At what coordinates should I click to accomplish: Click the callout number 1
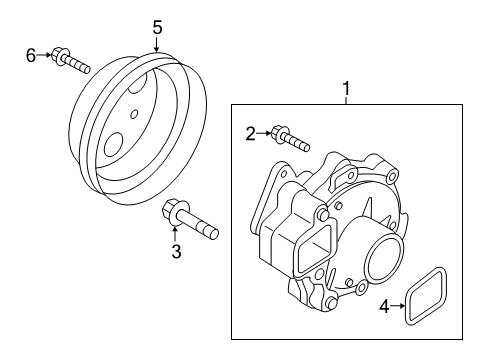coord(347,90)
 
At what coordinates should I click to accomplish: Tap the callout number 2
coord(252,131)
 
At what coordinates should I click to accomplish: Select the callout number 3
coord(176,252)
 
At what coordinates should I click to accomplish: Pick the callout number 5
coord(157,26)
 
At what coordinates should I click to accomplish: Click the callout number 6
coord(30,56)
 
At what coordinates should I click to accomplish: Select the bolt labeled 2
coord(289,137)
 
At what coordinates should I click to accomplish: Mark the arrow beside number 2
coord(266,131)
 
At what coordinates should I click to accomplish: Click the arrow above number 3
coord(175,234)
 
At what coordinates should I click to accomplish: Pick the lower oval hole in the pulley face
coord(116,142)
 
